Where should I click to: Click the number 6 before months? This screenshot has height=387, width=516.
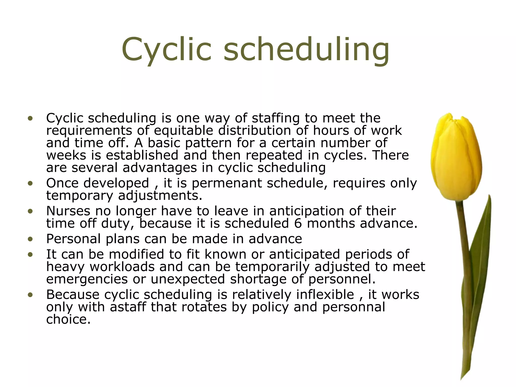pyautogui.click(x=298, y=223)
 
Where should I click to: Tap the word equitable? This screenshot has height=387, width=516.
pyautogui.click(x=184, y=131)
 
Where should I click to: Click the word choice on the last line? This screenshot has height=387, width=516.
pyautogui.click(x=68, y=319)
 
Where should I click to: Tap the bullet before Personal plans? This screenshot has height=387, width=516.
pyautogui.click(x=30, y=239)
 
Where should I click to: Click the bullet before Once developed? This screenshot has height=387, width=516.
pyautogui.click(x=30, y=183)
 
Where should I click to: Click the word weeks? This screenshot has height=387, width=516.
pyautogui.click(x=66, y=155)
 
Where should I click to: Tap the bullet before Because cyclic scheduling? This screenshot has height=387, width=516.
pyautogui.click(x=30, y=295)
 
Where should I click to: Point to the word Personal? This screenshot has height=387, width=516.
pyautogui.click(x=73, y=239)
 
